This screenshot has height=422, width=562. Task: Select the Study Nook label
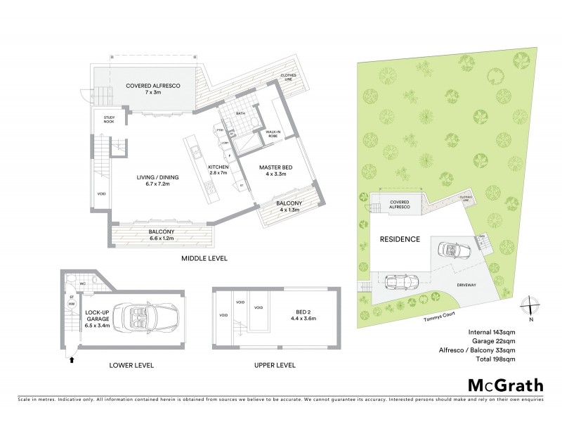coord(108,120)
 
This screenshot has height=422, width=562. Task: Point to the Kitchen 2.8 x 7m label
coord(218,170)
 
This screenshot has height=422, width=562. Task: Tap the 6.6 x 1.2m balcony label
coord(162,235)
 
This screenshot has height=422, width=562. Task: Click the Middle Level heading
coord(203,259)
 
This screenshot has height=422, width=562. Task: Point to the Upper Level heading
coord(275,366)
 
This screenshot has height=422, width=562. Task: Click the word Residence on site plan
coord(400,239)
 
